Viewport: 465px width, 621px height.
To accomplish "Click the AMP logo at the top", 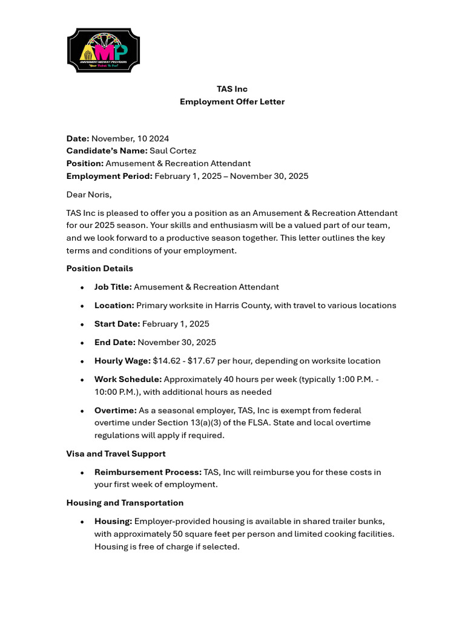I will (x=104, y=51).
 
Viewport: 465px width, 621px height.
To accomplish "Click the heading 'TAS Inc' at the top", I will (x=232, y=89).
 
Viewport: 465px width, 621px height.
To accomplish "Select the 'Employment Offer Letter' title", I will (x=232, y=102).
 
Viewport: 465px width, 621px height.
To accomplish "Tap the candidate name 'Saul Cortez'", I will (x=173, y=151).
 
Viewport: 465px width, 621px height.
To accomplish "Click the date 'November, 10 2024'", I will (x=130, y=139).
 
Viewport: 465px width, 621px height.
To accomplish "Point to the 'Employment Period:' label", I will (x=109, y=176).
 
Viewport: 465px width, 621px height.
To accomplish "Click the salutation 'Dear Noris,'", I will (x=89, y=195).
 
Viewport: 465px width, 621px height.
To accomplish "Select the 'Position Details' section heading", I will (x=99, y=269).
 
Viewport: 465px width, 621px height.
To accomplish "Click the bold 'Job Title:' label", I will (x=113, y=287).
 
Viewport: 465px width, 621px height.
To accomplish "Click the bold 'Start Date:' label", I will (x=117, y=324).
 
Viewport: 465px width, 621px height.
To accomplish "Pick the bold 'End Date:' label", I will (x=114, y=343).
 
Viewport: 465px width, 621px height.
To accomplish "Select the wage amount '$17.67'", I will (x=200, y=361).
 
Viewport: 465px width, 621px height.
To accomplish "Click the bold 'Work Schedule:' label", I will (x=128, y=380).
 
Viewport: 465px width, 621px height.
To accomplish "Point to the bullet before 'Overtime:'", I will (x=82, y=411).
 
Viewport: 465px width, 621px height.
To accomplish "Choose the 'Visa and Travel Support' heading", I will (x=116, y=454).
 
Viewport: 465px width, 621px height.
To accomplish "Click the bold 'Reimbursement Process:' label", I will (x=148, y=472).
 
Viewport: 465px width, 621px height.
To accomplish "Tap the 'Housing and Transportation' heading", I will (x=125, y=503).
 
